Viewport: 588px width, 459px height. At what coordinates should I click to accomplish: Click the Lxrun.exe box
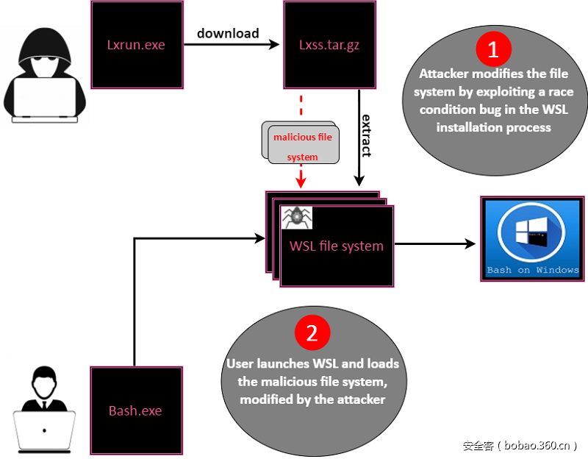[x=137, y=45]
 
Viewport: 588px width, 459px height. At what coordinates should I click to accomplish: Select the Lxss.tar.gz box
[x=329, y=45]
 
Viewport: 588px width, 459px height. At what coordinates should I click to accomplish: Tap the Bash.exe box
[x=135, y=410]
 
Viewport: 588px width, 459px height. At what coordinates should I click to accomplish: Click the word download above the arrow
[x=228, y=33]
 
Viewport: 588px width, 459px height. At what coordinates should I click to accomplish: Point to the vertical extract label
[x=366, y=135]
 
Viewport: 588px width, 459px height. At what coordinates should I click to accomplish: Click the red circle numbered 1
[x=493, y=49]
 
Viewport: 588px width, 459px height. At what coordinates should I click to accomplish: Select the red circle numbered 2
[x=312, y=333]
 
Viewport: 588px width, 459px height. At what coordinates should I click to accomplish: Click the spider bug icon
[x=298, y=218]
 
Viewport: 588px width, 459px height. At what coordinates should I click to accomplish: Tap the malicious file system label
[x=303, y=146]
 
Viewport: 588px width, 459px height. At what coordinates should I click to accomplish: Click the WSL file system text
[x=336, y=246]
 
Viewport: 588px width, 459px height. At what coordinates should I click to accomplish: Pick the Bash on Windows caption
[x=533, y=270]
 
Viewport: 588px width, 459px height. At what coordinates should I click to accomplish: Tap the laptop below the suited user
[x=44, y=430]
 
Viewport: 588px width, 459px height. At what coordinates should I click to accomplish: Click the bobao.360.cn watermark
[x=520, y=445]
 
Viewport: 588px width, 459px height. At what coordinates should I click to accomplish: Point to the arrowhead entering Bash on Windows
[x=470, y=243]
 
